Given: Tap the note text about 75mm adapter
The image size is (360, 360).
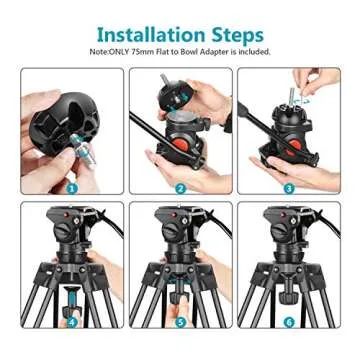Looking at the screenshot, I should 180,51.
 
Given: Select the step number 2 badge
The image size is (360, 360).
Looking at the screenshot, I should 181,187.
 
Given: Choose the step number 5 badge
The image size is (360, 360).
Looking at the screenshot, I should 181,321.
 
